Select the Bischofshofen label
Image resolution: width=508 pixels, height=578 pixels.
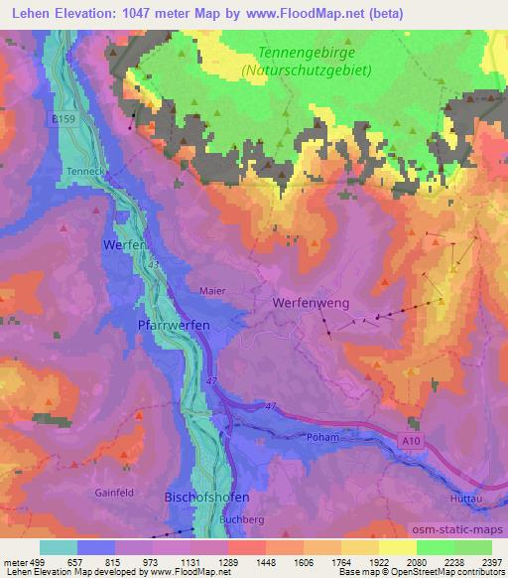205,496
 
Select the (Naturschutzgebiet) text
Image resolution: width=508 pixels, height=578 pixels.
307,71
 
